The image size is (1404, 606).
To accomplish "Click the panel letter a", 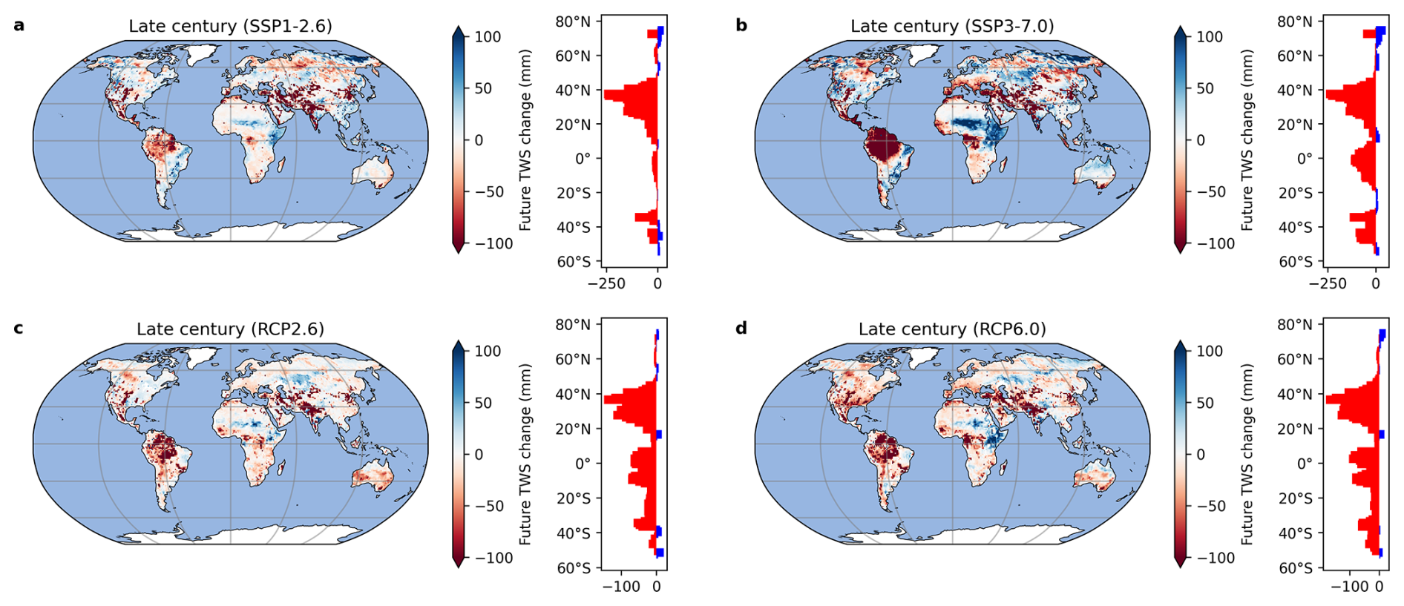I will pos(19,25).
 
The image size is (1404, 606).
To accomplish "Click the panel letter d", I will pos(741,328).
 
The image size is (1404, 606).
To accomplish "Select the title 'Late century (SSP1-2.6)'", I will pos(230,26).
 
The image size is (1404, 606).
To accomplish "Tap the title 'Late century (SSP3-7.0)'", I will pos(952,26).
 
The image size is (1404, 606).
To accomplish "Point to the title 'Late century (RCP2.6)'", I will pos(230,329).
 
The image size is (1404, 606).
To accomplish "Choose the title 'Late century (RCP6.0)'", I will pos(952,329).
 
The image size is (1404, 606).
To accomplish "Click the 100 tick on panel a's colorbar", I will pos(488,36).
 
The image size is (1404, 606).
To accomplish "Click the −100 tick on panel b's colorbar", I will pos(1216,243).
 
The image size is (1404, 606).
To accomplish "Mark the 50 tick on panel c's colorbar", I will pos(483,403).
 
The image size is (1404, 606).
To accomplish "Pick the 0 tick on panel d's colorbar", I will pos(1201,454).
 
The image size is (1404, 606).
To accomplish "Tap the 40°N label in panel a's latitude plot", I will pos(573,90).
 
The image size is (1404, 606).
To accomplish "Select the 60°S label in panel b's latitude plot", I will pos(1295,261).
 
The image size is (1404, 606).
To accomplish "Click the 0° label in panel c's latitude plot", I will pos(583,464).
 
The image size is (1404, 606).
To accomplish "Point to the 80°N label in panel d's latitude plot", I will pos(1295,324).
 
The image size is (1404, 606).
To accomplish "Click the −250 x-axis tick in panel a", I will pos(606,283).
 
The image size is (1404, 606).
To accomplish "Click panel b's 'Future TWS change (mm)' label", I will pos(1247,139).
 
